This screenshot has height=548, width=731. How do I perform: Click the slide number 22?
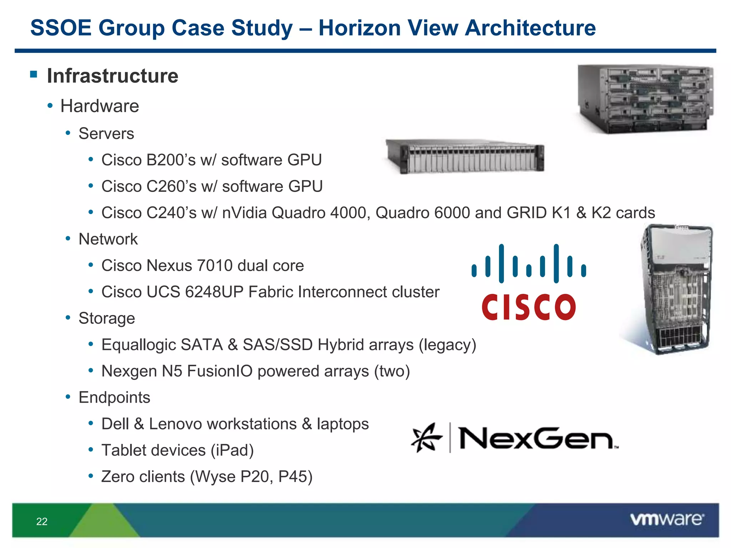coord(42,521)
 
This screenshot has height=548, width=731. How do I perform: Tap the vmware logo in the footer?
coord(667,519)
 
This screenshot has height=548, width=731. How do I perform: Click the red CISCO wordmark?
coord(528,307)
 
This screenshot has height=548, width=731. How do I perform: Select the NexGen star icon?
coord(426,437)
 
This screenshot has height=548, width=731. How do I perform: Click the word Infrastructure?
coord(112,76)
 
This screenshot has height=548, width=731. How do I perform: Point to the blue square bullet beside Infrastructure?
coord(34,74)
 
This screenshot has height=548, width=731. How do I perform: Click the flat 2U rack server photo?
coord(465,156)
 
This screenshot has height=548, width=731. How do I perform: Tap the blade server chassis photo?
coord(645,99)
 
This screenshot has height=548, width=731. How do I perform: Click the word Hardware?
coord(100,106)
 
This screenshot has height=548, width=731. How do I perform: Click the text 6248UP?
coord(214,292)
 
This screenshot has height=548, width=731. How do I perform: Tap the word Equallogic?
coord(139,345)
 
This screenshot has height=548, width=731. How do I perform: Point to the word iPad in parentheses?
coord(232,450)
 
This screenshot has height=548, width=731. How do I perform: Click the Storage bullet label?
coord(107,318)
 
